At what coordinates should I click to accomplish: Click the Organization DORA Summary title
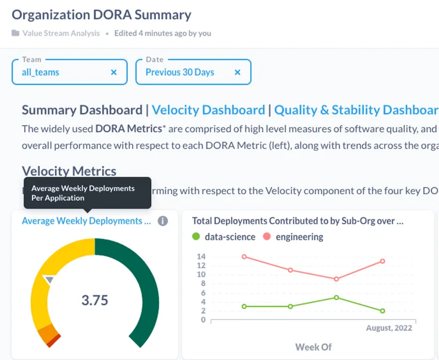[102, 15]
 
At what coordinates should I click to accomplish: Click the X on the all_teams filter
[114, 72]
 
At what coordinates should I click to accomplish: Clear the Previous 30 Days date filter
[238, 72]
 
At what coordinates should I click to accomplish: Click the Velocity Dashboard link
[208, 110]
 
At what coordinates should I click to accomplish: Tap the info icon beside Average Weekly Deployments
[162, 221]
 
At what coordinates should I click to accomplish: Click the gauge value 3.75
[94, 300]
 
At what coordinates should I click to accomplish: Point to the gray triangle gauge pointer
[49, 280]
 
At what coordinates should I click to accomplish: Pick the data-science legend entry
[223, 237]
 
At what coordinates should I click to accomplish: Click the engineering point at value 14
[244, 256]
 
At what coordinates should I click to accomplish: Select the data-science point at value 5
[336, 297]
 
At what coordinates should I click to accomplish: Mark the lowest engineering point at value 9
[336, 279]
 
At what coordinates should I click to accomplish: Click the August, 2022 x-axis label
[389, 328]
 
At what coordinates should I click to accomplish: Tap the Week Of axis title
[313, 347]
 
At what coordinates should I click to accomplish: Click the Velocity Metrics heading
[69, 171]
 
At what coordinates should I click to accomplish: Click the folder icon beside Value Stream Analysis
[15, 33]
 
